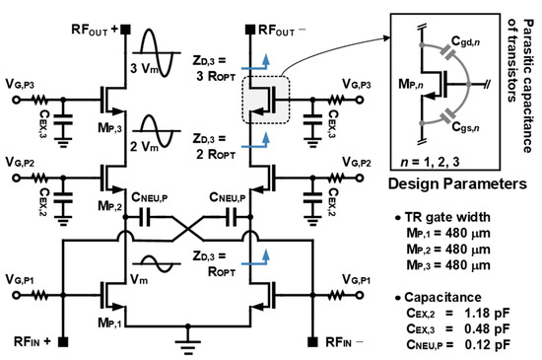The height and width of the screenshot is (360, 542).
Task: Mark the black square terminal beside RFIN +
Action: (x=61, y=342)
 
